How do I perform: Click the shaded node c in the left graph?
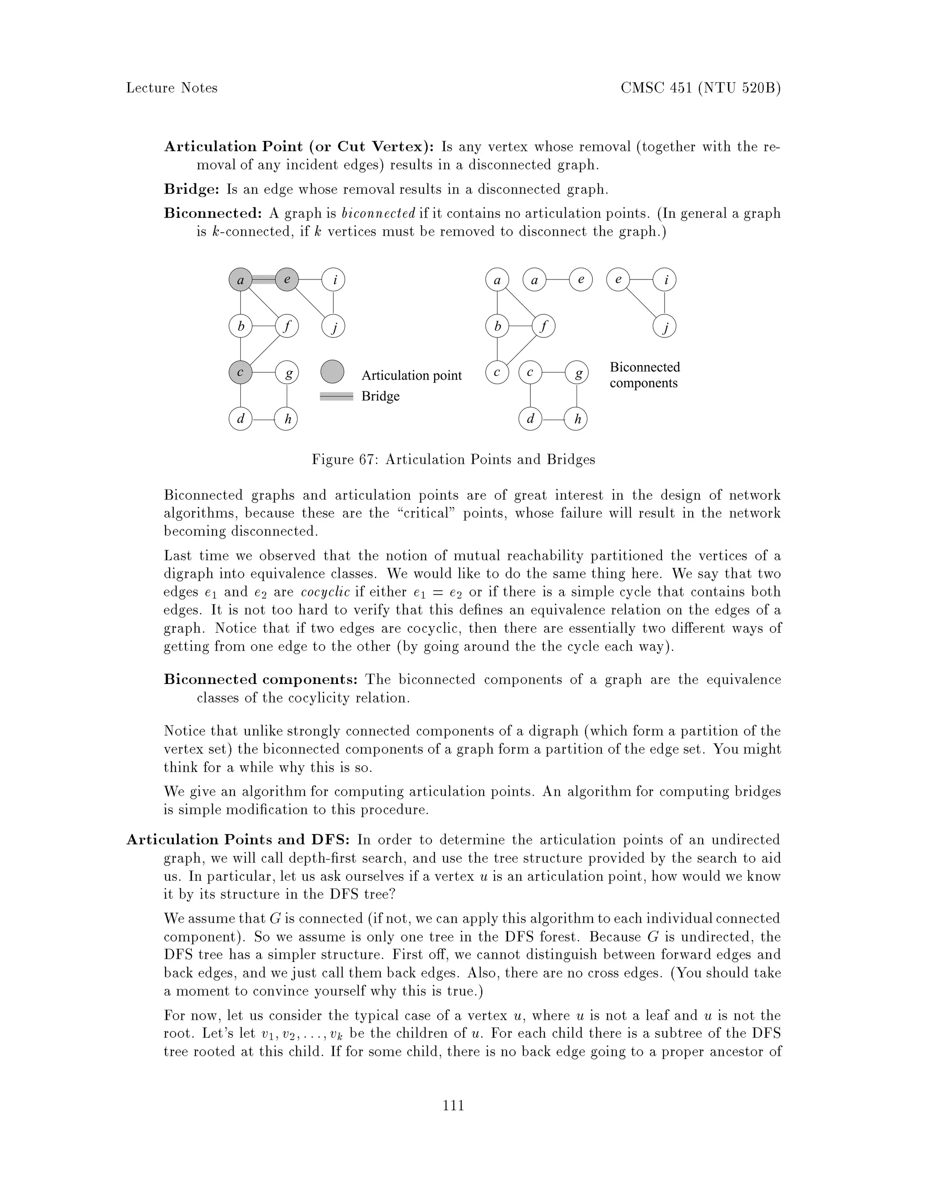240,372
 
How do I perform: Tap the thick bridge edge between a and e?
264,279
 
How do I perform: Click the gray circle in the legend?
332,371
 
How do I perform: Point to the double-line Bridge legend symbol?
336,396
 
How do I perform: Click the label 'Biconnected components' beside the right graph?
645,375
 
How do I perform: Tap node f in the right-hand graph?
544,327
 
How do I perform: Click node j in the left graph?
333,327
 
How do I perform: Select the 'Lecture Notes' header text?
172,88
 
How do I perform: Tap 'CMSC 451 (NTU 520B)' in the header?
700,88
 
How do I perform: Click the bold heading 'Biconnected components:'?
261,680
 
